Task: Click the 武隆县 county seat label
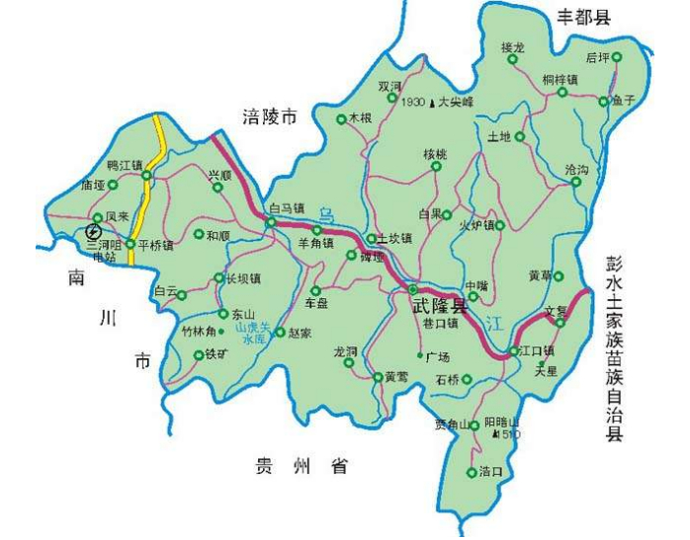click(439, 306)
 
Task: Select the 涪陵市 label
click(270, 116)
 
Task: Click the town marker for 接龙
click(513, 60)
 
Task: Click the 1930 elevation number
click(413, 102)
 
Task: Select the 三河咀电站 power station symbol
click(93, 231)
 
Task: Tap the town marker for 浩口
click(472, 472)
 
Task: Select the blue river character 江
click(494, 320)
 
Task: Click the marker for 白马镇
click(270, 223)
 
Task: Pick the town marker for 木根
click(341, 118)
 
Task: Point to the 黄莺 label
click(396, 376)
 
